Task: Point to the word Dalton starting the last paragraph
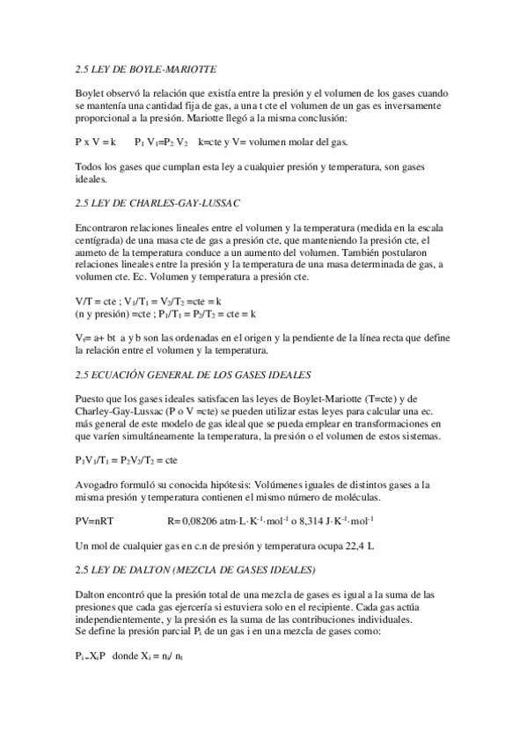[93, 596]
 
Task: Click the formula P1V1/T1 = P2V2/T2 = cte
[127, 460]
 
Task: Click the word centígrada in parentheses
[104, 240]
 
